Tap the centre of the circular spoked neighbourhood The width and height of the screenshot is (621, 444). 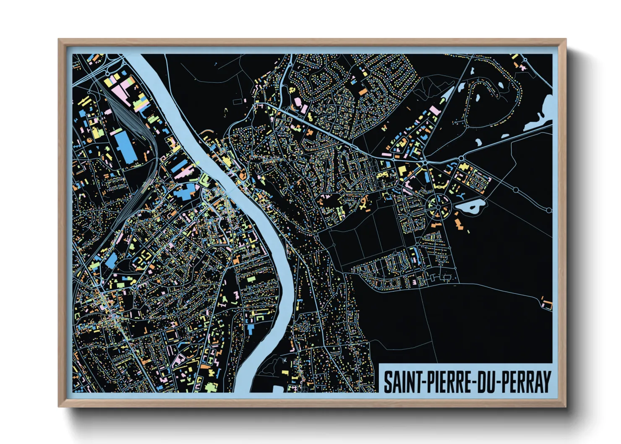coord(438,206)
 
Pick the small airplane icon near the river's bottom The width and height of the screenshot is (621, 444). coord(285,360)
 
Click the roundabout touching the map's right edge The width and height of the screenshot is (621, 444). coord(549,210)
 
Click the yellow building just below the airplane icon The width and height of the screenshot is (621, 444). coord(285,372)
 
